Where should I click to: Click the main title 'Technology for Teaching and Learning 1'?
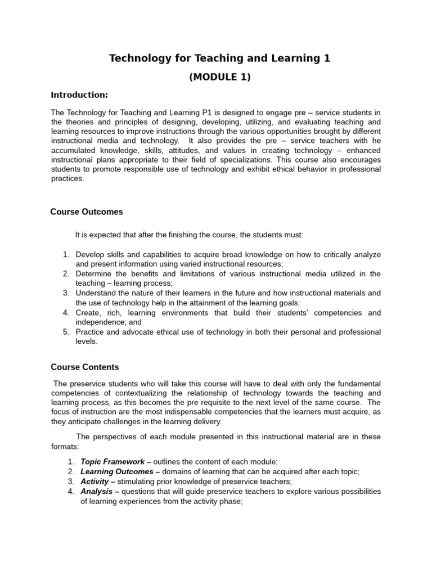tap(219, 58)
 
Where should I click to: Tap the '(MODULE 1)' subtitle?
tap(219, 78)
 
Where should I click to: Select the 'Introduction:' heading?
tap(79, 94)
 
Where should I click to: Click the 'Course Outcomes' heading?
tap(87, 212)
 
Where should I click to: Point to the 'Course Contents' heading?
tap(85, 367)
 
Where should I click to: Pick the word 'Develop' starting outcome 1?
tap(90, 254)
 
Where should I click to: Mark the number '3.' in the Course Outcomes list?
tap(65, 293)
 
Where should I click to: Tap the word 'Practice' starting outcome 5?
tap(91, 332)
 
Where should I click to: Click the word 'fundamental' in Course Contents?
tap(358, 383)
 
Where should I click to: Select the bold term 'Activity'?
tap(95, 481)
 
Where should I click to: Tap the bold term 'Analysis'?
tap(97, 491)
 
